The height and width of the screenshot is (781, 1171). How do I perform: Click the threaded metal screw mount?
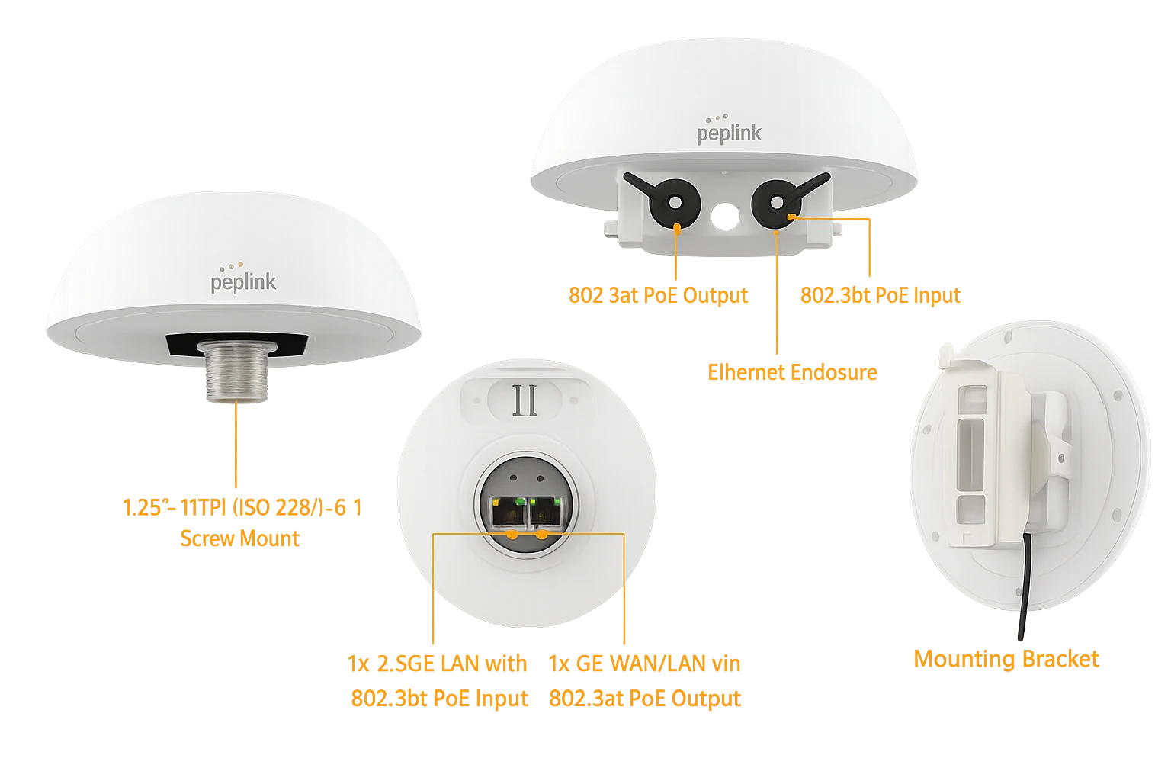[x=237, y=371]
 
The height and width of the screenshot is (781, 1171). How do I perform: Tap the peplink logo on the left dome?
[x=243, y=278]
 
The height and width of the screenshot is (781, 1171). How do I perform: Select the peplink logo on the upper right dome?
[x=730, y=129]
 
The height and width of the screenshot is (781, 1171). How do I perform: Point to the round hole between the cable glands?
[x=726, y=216]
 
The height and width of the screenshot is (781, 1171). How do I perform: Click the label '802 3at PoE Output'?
[x=658, y=296]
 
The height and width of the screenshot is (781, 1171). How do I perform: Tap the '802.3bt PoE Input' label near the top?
[x=881, y=296]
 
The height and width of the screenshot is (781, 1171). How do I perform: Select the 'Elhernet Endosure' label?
[x=793, y=372]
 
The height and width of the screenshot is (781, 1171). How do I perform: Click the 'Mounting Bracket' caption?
[x=1006, y=659]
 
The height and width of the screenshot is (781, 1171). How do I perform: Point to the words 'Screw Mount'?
[x=240, y=538]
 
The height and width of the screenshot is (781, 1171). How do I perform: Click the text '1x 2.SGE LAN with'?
[x=437, y=664]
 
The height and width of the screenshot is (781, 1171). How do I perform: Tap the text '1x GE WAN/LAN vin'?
[x=644, y=664]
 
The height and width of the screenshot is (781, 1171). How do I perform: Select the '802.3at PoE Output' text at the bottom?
[x=644, y=699]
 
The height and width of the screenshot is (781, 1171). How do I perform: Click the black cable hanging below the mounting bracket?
[x=1025, y=586]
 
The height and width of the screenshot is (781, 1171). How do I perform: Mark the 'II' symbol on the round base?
[x=525, y=400]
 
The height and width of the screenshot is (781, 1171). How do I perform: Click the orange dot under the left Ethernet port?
[x=513, y=535]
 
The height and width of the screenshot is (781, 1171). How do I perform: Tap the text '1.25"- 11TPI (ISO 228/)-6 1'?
[x=242, y=508]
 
